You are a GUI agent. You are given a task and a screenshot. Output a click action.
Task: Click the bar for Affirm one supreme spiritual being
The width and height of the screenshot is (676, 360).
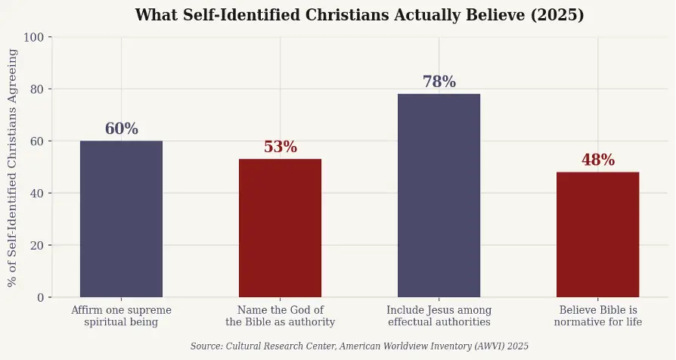click(x=121, y=219)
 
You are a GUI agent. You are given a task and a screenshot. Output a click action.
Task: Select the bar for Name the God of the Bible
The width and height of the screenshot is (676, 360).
click(x=280, y=228)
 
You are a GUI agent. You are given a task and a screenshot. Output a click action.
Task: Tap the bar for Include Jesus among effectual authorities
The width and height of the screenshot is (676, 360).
click(x=439, y=195)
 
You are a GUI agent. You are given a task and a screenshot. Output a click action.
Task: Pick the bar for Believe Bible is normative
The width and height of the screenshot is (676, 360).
click(x=597, y=234)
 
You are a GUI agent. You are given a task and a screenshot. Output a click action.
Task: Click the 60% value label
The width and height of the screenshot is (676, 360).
click(x=121, y=129)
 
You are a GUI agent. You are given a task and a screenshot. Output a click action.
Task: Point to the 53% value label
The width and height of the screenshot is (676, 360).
click(x=280, y=147)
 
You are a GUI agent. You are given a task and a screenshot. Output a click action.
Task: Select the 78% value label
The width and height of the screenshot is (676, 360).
click(x=439, y=82)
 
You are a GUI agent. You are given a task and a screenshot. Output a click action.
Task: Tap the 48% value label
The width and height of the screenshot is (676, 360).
click(x=597, y=160)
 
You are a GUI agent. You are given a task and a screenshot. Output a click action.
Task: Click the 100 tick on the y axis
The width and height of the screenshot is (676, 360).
click(x=36, y=37)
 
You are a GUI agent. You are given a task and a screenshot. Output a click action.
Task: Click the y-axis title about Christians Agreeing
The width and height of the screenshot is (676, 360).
click(x=13, y=167)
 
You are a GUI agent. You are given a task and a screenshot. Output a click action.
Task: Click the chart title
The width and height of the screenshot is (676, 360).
click(x=359, y=15)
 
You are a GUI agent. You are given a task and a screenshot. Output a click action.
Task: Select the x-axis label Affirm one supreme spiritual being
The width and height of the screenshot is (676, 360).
click(x=121, y=316)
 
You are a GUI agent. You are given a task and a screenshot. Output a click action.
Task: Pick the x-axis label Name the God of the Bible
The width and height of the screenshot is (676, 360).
click(x=280, y=316)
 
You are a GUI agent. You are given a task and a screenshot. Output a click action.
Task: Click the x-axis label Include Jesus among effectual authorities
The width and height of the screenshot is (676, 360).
click(x=439, y=316)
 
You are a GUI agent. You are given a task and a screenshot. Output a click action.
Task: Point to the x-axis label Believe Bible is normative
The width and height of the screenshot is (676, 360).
click(x=597, y=316)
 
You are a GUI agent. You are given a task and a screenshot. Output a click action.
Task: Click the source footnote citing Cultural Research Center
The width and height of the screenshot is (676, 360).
click(x=359, y=346)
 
